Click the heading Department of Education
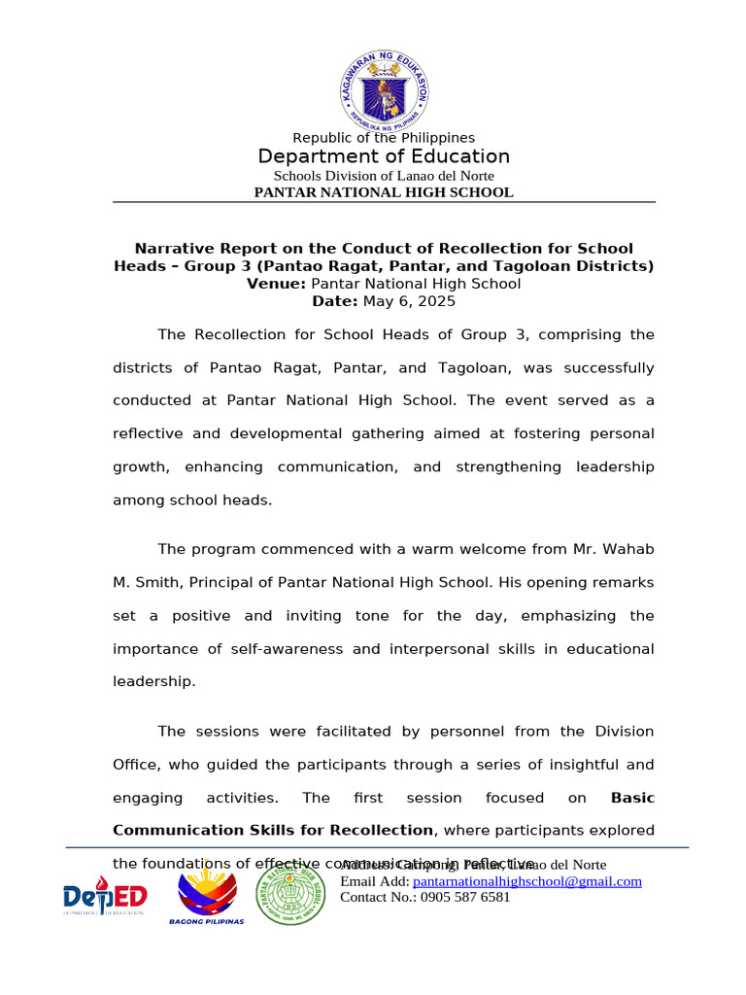pyautogui.click(x=384, y=156)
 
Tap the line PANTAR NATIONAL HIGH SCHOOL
pyautogui.click(x=384, y=192)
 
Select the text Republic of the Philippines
pyautogui.click(x=384, y=138)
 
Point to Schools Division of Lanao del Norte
pyautogui.click(x=384, y=176)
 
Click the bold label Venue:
pyautogui.click(x=277, y=284)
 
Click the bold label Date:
pyautogui.click(x=335, y=301)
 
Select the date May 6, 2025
pyautogui.click(x=409, y=301)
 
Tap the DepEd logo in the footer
pyautogui.click(x=105, y=896)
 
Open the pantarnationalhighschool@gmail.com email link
pyautogui.click(x=527, y=881)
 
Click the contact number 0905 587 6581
pyautogui.click(x=465, y=897)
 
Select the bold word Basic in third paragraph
pyautogui.click(x=632, y=798)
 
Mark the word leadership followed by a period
pyautogui.click(x=153, y=681)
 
